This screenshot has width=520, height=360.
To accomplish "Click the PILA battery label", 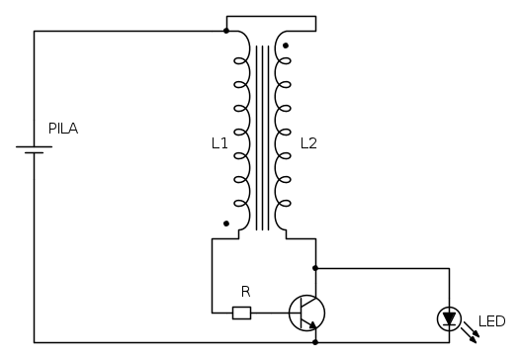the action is pyautogui.click(x=63, y=129).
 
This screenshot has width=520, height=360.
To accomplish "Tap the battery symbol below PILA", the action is pyautogui.click(x=35, y=149).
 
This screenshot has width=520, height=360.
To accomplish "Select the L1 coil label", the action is pyautogui.click(x=219, y=143).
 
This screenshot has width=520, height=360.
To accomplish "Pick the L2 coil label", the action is pyautogui.click(x=308, y=143).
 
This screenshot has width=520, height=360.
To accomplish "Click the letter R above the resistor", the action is pyautogui.click(x=246, y=292).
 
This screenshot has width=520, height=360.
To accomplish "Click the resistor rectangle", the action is pyautogui.click(x=242, y=313).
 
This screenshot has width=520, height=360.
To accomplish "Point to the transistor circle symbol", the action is pyautogui.click(x=306, y=313).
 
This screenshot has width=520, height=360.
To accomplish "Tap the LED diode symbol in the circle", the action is pyautogui.click(x=450, y=318).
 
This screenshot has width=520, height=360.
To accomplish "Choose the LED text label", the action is pyautogui.click(x=491, y=321).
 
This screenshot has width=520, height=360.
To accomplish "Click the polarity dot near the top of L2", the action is pyautogui.click(x=286, y=45).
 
